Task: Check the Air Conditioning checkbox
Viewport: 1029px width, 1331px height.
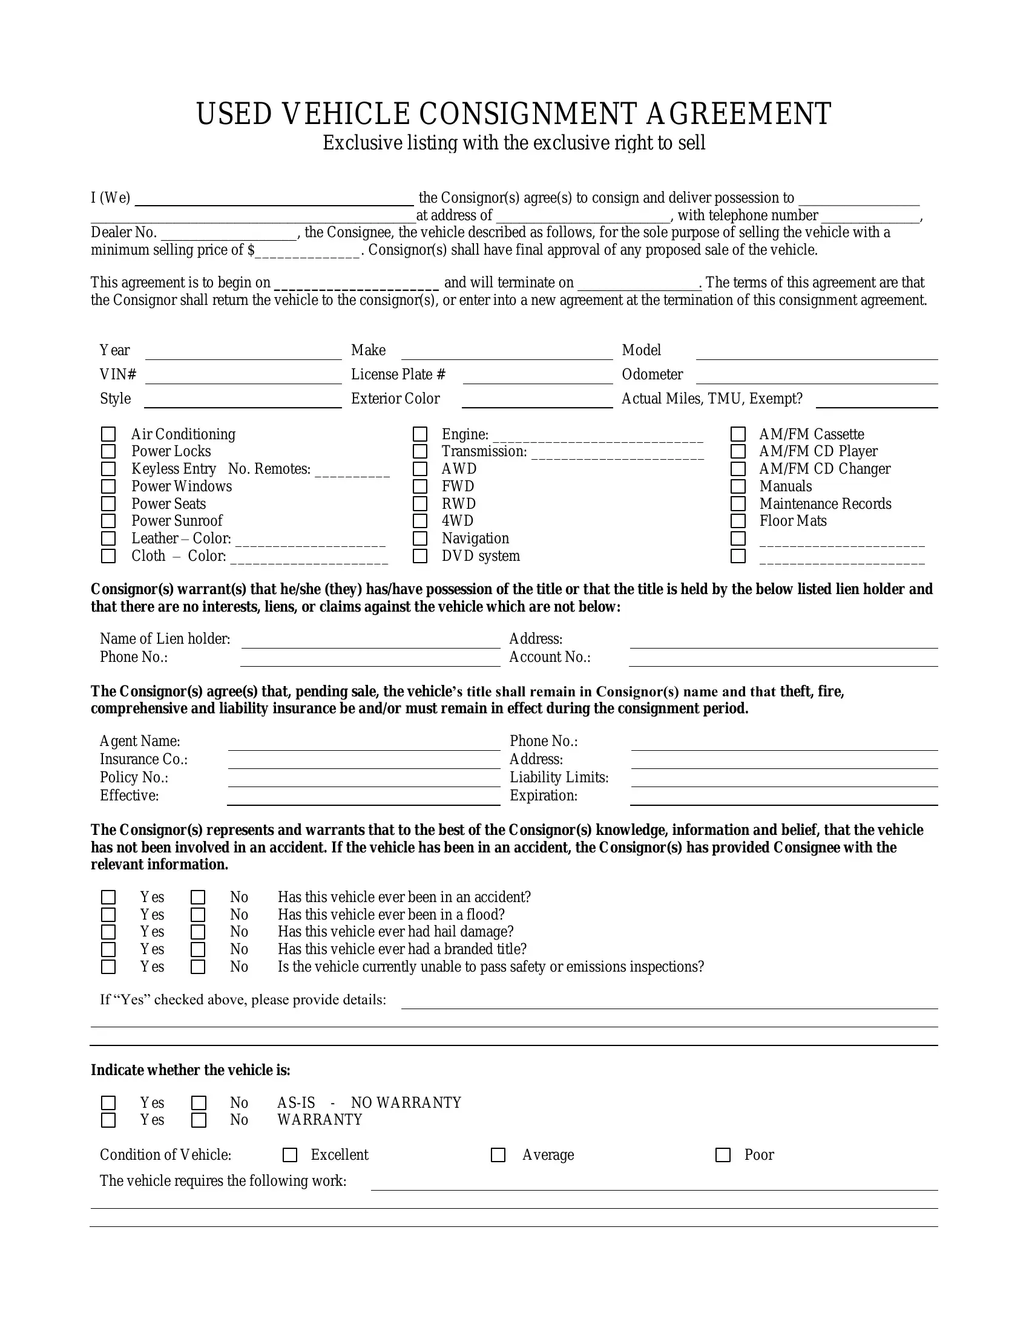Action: click(x=108, y=434)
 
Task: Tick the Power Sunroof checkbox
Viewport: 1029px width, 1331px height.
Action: click(x=108, y=521)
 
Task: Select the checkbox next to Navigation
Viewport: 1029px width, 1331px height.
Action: click(x=420, y=538)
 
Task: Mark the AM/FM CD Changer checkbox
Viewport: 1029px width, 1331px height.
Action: click(x=738, y=469)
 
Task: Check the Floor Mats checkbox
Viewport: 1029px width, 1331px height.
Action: click(x=738, y=521)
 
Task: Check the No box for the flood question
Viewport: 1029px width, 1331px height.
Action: click(x=198, y=915)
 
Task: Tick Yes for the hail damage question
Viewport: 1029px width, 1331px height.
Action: click(x=108, y=932)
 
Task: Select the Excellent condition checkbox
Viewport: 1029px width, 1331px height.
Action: click(x=290, y=1155)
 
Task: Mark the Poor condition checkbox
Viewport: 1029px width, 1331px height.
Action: click(x=723, y=1155)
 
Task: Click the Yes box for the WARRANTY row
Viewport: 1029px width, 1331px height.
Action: click(x=108, y=1120)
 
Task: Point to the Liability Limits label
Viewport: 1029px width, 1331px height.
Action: click(x=559, y=777)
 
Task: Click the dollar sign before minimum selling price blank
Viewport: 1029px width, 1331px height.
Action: click(x=251, y=250)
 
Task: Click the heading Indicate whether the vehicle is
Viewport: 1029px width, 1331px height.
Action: click(x=190, y=1070)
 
